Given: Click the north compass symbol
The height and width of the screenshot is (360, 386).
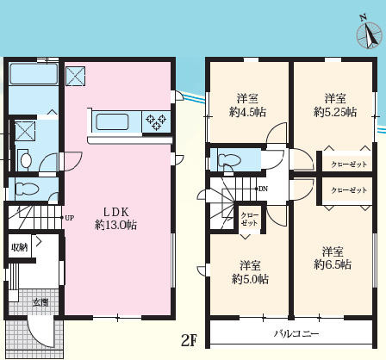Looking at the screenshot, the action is click(x=370, y=34).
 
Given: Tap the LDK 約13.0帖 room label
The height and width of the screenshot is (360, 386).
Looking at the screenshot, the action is click(x=115, y=219).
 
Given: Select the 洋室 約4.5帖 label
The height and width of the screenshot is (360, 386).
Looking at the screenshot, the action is click(x=247, y=105).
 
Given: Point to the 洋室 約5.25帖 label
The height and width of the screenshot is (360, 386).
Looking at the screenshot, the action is click(x=335, y=105).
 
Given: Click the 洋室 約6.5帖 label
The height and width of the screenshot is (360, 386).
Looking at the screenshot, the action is click(x=333, y=258).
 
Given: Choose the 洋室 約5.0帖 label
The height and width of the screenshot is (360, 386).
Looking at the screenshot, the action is click(x=250, y=272).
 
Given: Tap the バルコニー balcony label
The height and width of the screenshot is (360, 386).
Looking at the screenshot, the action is click(x=296, y=334).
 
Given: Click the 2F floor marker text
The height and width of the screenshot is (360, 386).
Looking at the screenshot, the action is click(x=190, y=340).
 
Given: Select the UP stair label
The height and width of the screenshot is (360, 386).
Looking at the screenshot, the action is click(x=70, y=218).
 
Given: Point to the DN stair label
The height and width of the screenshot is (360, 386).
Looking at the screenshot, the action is click(x=263, y=189).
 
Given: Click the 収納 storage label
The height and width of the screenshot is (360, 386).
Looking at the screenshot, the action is click(x=20, y=247).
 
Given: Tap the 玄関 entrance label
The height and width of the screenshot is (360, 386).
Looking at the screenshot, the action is click(x=40, y=302).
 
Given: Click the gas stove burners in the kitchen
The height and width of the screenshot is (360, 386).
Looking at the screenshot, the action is click(x=156, y=121).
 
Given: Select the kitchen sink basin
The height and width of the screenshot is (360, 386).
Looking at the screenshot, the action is click(x=112, y=122).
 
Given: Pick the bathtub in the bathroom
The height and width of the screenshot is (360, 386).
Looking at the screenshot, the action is click(x=34, y=74).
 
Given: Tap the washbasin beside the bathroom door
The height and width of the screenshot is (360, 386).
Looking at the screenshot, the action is click(x=25, y=160).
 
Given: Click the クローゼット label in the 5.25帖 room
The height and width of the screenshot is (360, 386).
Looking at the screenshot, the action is click(x=349, y=164).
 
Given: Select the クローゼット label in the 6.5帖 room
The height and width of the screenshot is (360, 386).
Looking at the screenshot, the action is click(x=349, y=190).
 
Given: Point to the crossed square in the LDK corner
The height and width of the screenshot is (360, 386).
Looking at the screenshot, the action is click(x=76, y=77).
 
